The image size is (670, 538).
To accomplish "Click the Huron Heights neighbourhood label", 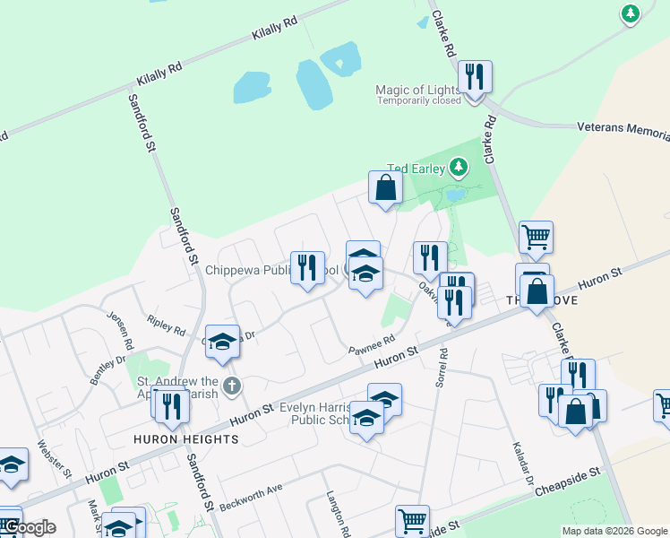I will point(186,439).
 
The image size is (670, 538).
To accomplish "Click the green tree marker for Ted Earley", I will point(459,167).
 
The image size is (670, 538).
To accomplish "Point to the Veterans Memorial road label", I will point(623,128).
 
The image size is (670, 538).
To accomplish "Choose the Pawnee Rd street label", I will point(372,344).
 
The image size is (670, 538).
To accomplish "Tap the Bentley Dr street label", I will point(107,370).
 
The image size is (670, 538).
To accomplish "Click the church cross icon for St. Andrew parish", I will point(231,386).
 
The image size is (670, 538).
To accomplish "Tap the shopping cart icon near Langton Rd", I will point(412,520).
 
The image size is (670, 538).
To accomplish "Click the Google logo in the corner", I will point(28,527).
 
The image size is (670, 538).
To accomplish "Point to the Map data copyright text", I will point(614,531).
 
